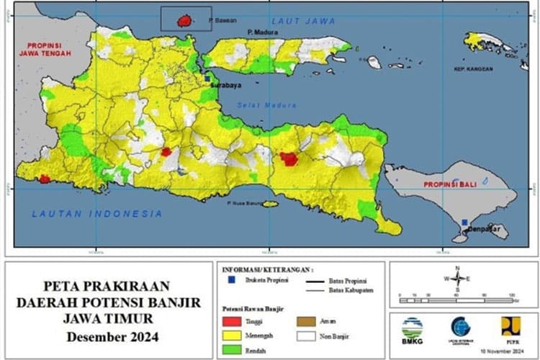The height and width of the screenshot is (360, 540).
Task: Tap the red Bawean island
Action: [185, 20]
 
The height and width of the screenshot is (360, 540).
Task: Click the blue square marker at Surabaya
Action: [207, 77]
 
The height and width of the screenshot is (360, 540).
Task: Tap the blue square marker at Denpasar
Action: [465, 222]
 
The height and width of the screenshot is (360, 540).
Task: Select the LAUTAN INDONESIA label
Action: [97, 214]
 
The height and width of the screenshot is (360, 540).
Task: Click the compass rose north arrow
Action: [457, 279]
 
